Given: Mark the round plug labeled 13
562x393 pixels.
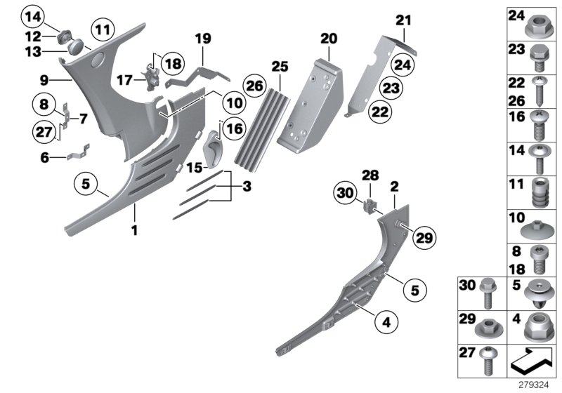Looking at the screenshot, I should (73, 48).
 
